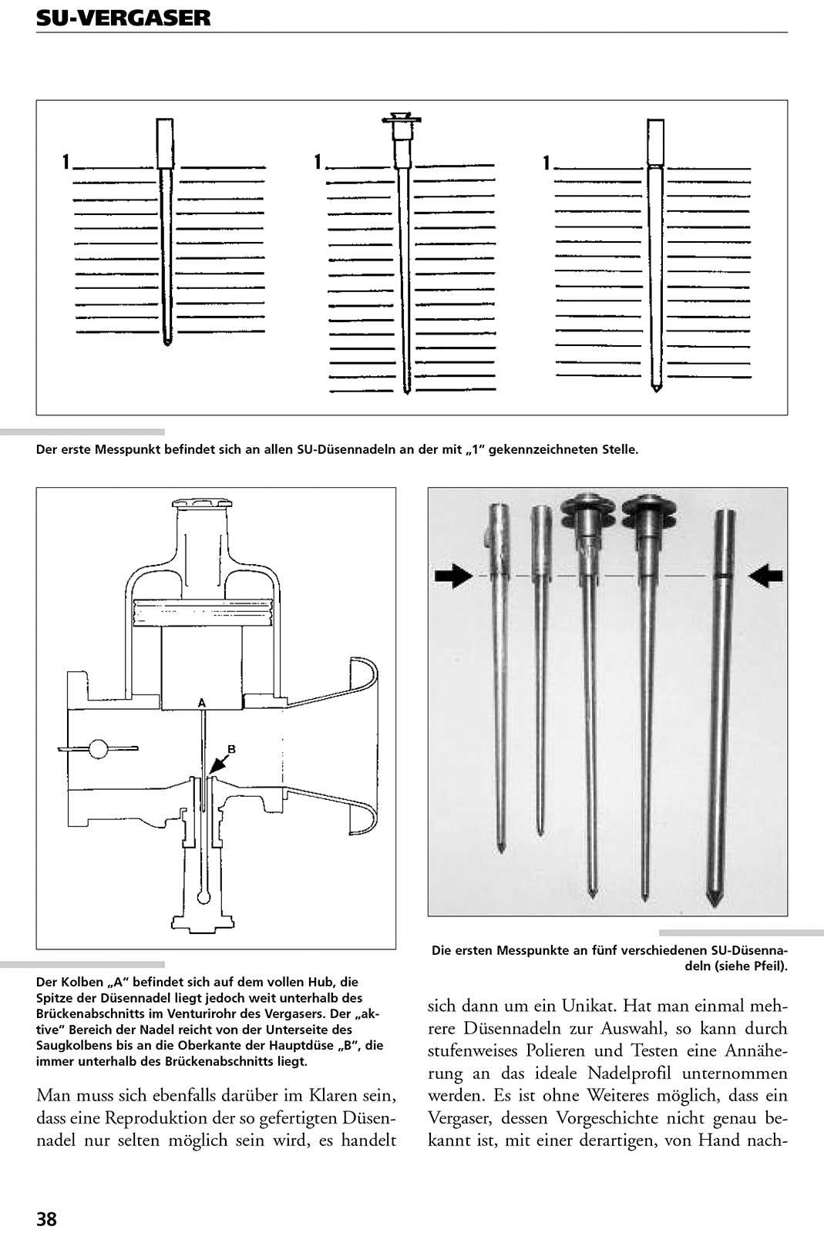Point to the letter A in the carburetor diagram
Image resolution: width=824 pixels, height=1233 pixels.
point(201,703)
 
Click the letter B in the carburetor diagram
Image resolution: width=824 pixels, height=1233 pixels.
point(231,748)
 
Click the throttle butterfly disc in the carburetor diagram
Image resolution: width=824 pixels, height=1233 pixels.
point(98,748)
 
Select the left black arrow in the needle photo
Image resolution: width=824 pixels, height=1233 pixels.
point(453,576)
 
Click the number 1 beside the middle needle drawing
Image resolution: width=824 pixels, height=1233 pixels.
point(317,162)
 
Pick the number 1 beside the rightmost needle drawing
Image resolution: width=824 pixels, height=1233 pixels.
point(547,163)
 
